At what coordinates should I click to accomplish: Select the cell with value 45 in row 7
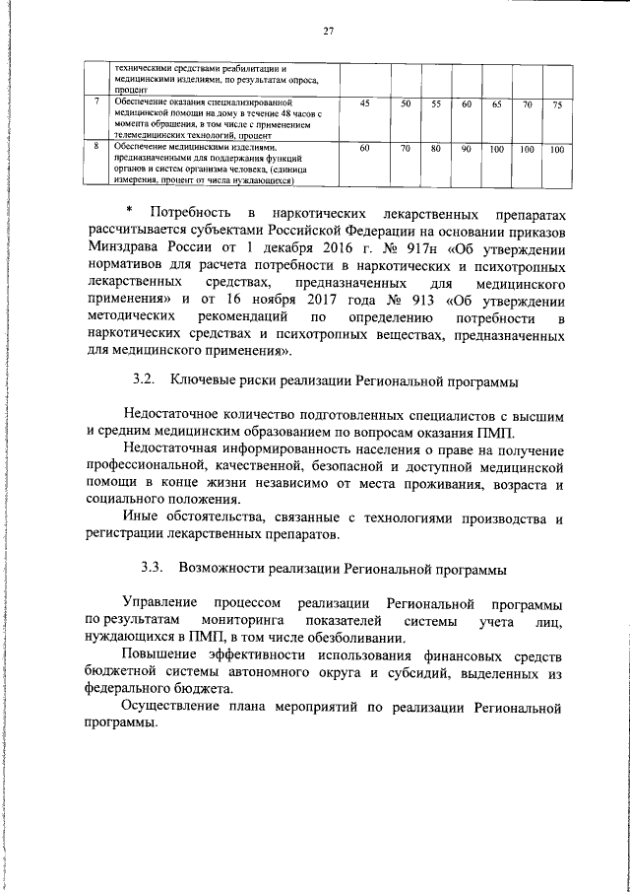coord(365,103)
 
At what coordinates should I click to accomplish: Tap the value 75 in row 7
coord(557,104)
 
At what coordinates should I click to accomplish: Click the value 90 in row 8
coord(467,149)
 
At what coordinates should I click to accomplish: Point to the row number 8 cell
coord(95,146)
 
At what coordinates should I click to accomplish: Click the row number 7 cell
coord(95,101)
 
